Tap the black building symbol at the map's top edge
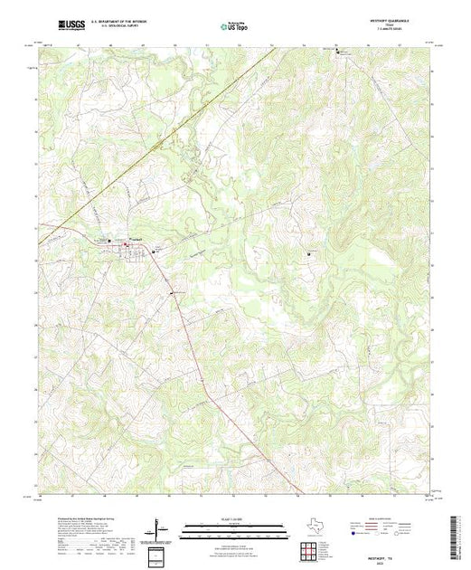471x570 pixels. (341, 52)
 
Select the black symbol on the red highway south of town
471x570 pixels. (174, 293)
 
